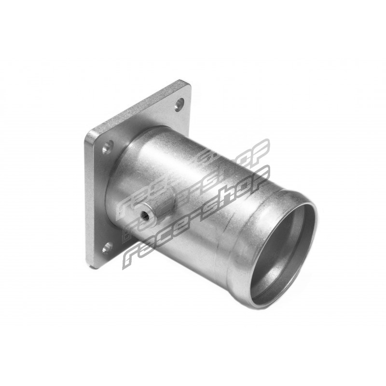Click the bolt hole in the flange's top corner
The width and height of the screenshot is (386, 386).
[179, 105]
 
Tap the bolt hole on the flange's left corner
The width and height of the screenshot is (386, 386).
[108, 147]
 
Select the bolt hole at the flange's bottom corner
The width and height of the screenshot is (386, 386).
[108, 248]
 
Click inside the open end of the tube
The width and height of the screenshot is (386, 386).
[283, 248]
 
